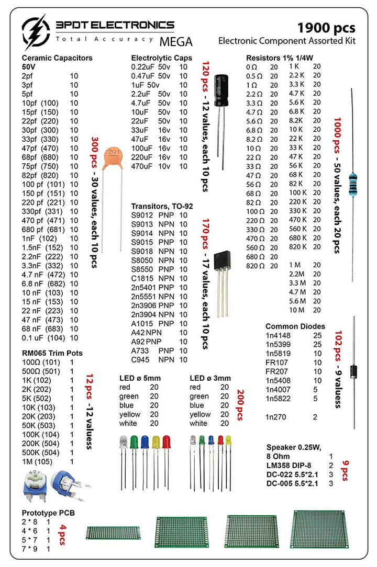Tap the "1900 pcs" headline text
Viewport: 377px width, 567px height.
pos(326,27)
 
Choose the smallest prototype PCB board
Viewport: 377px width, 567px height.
pos(113,532)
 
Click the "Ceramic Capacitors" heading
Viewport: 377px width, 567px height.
pos(57,58)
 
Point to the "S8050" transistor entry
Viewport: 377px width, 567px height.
pos(142,259)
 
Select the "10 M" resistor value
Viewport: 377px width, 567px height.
pos(297,310)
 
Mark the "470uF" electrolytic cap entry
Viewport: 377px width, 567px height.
pos(142,166)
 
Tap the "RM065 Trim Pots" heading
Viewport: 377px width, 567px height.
pos(52,353)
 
